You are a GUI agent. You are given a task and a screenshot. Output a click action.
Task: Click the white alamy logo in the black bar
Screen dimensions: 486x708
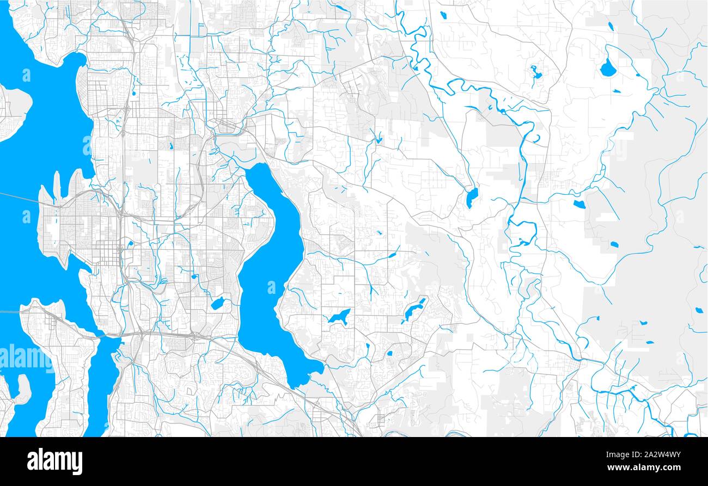coord(54,461)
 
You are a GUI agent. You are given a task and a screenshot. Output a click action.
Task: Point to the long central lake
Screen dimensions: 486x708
coord(270,272)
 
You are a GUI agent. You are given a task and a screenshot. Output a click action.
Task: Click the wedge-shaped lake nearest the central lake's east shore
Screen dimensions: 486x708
coord(339,317)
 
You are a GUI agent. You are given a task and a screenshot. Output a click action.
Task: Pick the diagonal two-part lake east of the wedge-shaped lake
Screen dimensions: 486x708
coord(415,310)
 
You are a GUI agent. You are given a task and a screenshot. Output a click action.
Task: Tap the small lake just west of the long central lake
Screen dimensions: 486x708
coord(217,304)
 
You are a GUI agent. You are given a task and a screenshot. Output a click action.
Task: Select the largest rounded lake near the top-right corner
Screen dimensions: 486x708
coord(607,68)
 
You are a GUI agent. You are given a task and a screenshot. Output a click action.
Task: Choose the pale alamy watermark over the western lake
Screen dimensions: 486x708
coord(27,356)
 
